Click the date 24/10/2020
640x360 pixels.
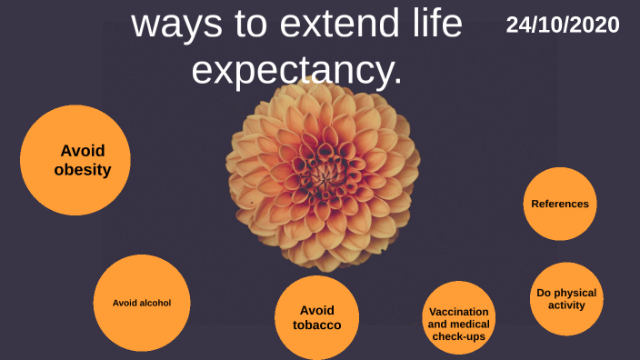[x=563, y=25]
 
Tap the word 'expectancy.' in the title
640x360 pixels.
[x=297, y=71]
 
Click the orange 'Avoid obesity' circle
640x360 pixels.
[x=75, y=160]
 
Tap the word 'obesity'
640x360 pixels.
[x=83, y=170]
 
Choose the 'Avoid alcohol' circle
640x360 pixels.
[x=141, y=303]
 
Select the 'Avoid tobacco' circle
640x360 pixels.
[x=317, y=317]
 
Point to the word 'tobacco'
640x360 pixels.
[x=317, y=325]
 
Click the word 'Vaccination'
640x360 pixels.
[x=459, y=312]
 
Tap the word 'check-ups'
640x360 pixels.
[x=459, y=337]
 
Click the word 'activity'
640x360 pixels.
[x=566, y=305]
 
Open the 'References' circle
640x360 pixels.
[x=560, y=204]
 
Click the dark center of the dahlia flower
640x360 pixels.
[x=322, y=173]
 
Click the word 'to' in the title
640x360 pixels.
[x=252, y=25]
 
